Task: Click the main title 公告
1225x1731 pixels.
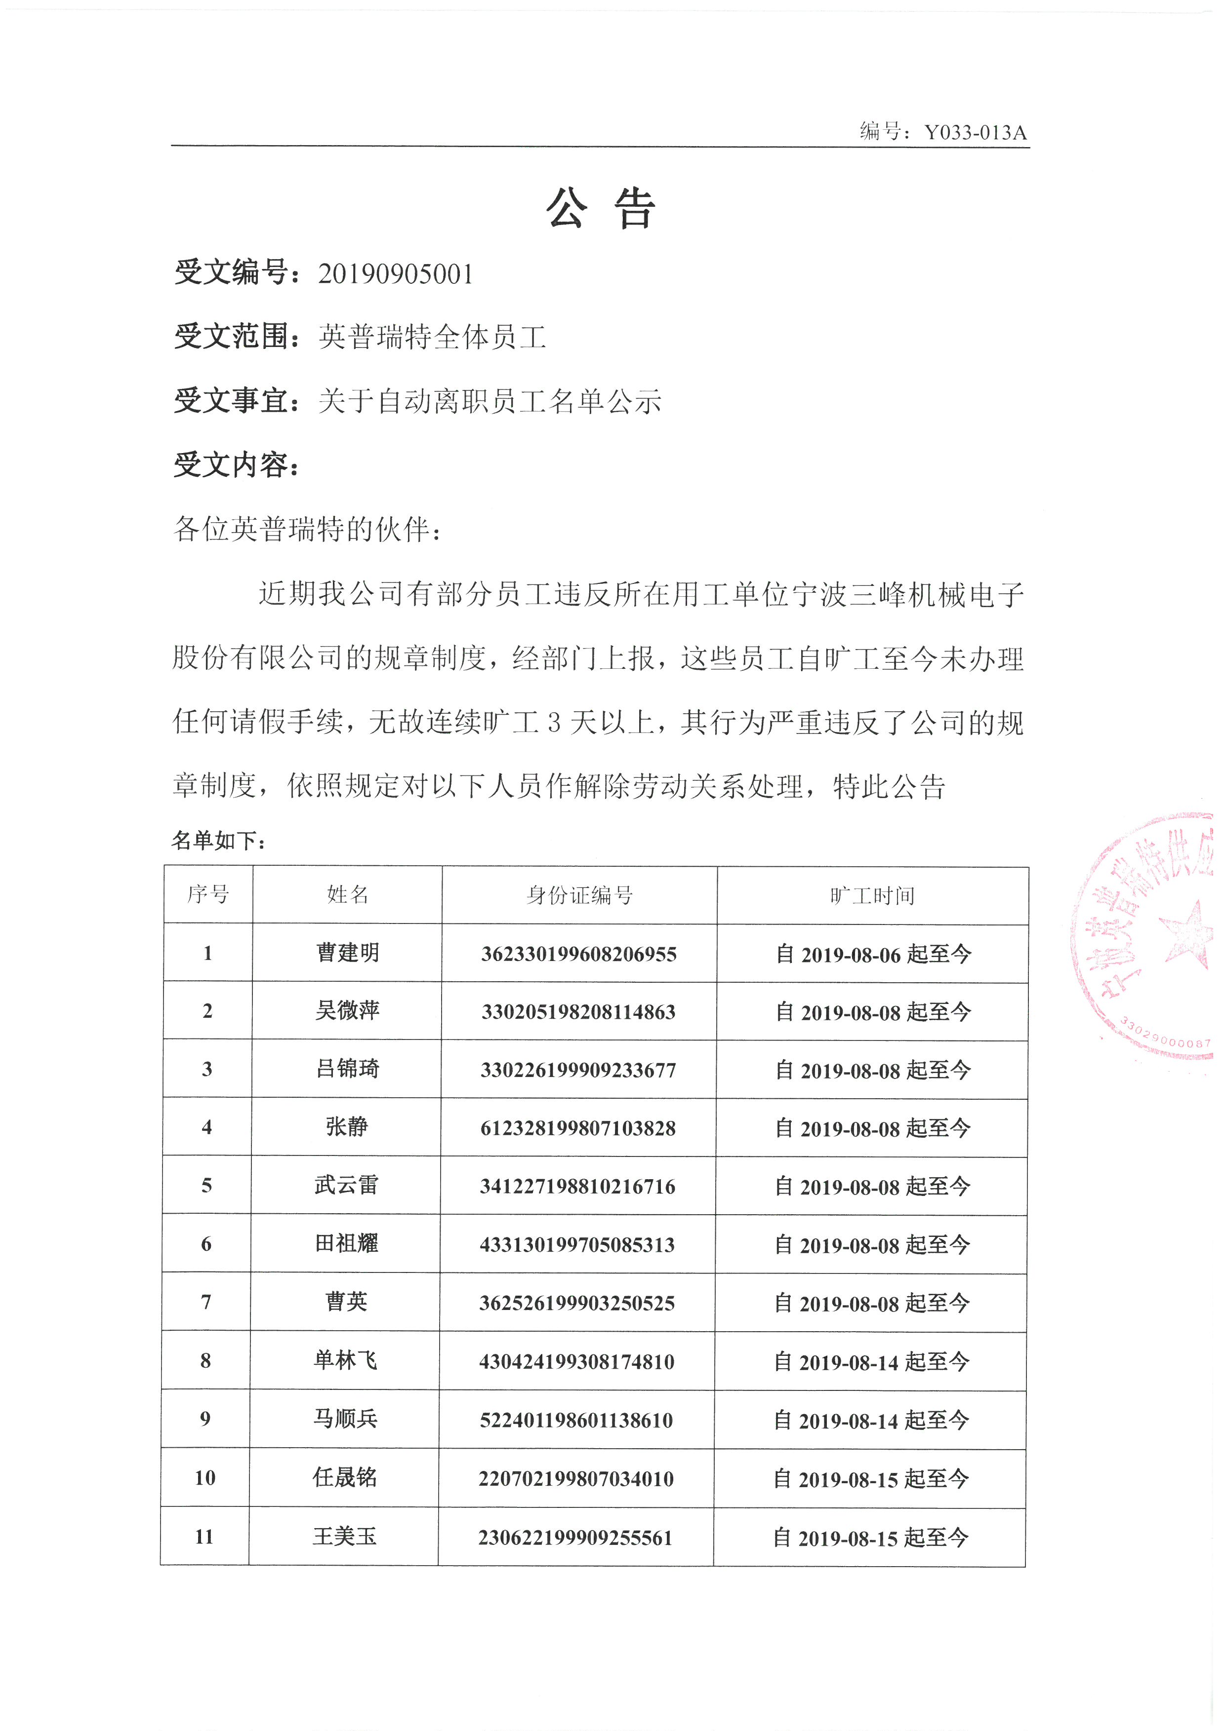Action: (x=601, y=208)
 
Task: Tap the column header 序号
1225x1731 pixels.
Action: (x=208, y=895)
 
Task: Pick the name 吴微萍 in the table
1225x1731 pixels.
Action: (x=347, y=1010)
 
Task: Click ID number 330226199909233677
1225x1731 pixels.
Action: (x=578, y=1070)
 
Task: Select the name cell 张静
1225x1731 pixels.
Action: (x=347, y=1127)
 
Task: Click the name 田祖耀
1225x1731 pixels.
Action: (x=346, y=1243)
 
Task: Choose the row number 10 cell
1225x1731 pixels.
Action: (x=205, y=1478)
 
